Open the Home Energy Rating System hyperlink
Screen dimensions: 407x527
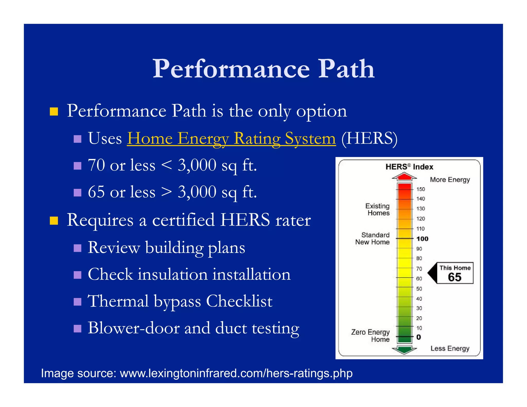tap(231, 138)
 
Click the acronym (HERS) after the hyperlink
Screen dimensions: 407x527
tap(369, 138)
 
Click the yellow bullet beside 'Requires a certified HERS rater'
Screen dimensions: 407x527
tap(54, 220)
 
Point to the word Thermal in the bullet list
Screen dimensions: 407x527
tap(118, 301)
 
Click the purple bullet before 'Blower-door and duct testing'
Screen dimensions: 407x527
tap(77, 329)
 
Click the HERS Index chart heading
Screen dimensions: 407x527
tap(409, 167)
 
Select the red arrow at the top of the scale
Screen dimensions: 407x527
tap(404, 176)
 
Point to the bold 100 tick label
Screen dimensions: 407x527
tap(422, 239)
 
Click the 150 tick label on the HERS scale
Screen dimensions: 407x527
tap(421, 189)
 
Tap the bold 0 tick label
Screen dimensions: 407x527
tap(419, 337)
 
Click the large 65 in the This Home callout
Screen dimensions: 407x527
tap(454, 277)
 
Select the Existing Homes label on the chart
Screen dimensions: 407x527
tap(377, 209)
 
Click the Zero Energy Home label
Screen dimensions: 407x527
tap(371, 335)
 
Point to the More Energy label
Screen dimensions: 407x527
tap(450, 180)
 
